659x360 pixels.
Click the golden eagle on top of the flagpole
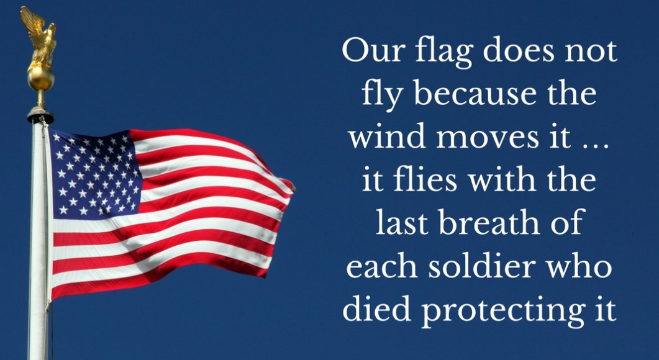[40, 38]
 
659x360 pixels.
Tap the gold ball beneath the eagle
[41, 79]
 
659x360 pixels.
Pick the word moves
[487, 139]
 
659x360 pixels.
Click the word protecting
[500, 311]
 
